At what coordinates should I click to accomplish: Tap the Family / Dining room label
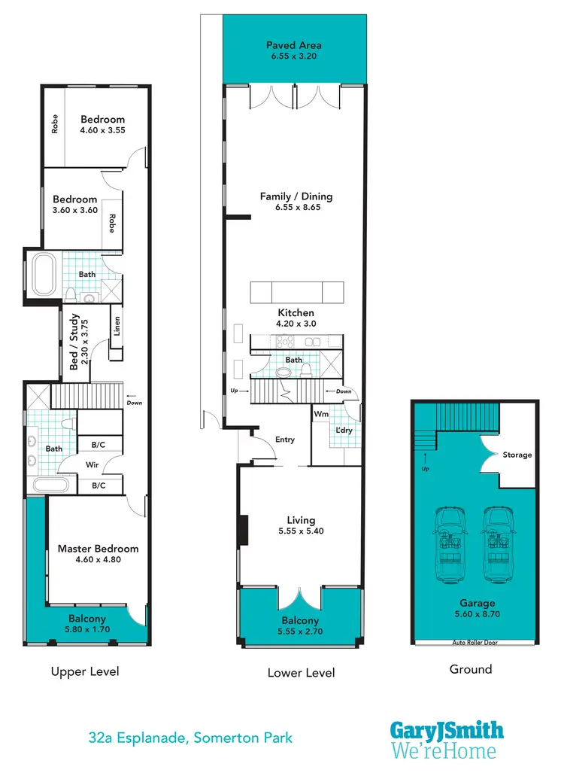296,196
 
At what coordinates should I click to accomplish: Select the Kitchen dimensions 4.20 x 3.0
296,324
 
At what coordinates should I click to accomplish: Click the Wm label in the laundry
321,414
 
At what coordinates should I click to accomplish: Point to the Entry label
285,440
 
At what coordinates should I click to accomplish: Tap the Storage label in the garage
517,455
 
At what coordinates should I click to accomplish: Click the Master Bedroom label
99,549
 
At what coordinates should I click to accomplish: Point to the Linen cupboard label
117,326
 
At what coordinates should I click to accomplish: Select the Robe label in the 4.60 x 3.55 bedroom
55,124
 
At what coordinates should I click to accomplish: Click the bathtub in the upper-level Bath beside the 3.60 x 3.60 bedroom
42,275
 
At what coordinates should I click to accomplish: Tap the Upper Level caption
85,671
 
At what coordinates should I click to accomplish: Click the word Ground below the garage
471,669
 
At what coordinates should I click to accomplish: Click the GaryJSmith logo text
447,730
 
